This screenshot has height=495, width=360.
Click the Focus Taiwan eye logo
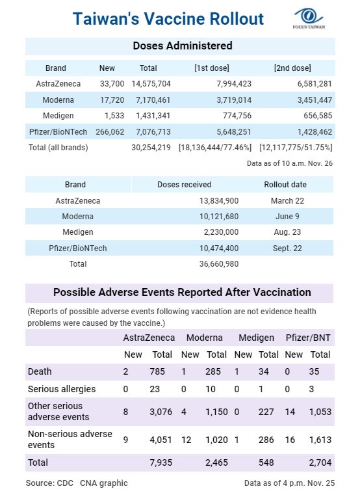click(x=309, y=16)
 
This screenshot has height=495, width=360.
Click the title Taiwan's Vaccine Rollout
click(x=168, y=19)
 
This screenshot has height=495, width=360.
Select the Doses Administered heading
click(x=183, y=46)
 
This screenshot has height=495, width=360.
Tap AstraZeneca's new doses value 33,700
click(x=112, y=84)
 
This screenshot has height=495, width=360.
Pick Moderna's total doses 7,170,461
click(x=153, y=100)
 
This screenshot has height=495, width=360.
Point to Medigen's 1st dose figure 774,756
click(x=237, y=116)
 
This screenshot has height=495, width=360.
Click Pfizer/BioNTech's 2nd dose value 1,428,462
click(x=315, y=131)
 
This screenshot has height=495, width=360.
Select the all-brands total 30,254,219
click(x=151, y=148)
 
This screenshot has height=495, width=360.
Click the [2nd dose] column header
click(x=292, y=68)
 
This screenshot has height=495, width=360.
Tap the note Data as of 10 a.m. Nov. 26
click(x=290, y=163)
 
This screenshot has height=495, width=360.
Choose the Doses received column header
click(x=185, y=185)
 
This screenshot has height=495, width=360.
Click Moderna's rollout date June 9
click(x=287, y=216)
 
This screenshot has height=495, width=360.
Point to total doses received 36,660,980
click(x=218, y=264)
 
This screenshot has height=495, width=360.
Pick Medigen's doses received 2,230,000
click(x=221, y=232)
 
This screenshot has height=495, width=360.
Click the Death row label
click(x=40, y=371)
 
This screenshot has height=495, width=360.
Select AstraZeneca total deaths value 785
click(x=157, y=371)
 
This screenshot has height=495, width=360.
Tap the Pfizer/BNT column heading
click(x=308, y=338)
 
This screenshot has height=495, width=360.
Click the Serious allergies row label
click(x=62, y=389)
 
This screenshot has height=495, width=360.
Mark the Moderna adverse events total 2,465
click(x=216, y=462)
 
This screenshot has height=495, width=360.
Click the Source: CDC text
click(x=49, y=483)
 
